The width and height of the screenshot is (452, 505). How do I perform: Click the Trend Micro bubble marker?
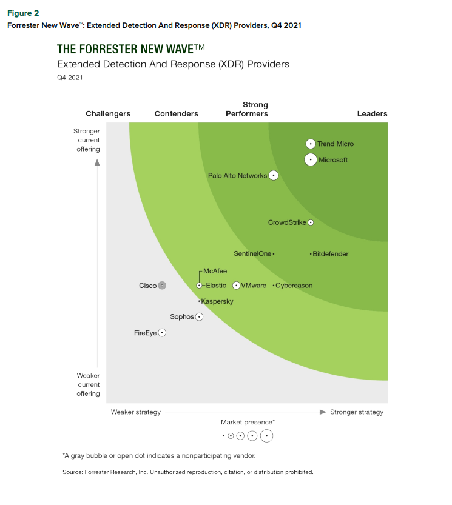click(311, 144)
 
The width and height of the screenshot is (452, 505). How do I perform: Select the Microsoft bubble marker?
click(311, 160)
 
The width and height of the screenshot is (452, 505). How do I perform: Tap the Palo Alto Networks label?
click(237, 176)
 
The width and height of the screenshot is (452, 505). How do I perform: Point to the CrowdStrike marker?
click(311, 222)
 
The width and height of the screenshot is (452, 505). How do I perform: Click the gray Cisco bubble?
click(162, 286)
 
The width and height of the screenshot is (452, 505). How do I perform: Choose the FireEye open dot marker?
click(162, 333)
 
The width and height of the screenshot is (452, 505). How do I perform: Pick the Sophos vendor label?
click(181, 316)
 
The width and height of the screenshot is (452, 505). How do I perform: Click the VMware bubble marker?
click(236, 286)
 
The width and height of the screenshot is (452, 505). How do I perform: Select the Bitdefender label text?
click(331, 254)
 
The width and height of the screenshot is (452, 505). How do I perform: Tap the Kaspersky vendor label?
click(217, 301)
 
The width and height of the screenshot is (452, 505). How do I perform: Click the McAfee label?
click(215, 271)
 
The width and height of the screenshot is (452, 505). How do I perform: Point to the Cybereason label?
click(294, 286)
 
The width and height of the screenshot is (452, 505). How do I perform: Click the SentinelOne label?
click(252, 254)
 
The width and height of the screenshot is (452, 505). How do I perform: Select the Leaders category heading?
click(372, 113)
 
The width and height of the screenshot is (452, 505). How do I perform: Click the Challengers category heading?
click(108, 113)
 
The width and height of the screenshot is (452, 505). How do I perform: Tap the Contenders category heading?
click(177, 113)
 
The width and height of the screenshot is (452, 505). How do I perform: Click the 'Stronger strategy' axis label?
click(357, 412)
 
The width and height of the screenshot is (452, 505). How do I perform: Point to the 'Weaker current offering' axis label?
click(89, 384)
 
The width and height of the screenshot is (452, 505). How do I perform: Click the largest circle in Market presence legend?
click(267, 435)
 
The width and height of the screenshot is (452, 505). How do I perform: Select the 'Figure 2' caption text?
click(22, 13)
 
